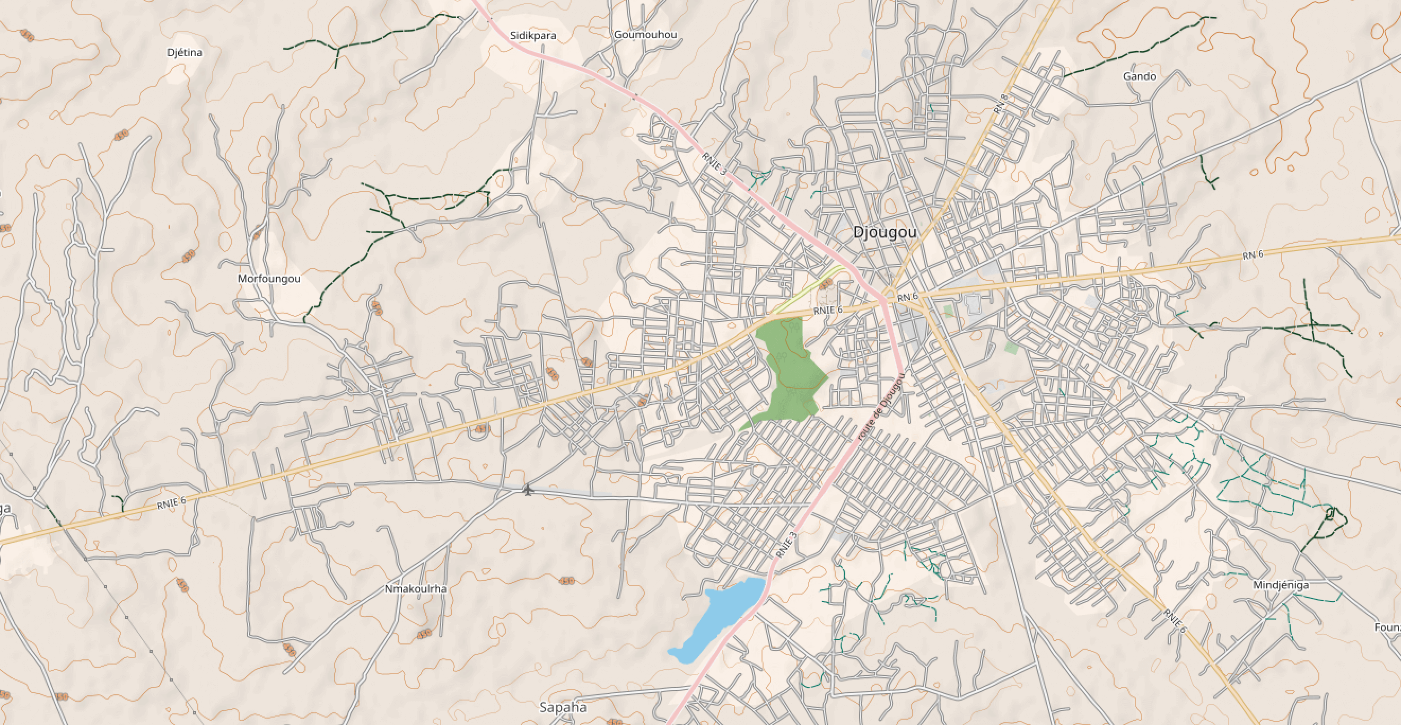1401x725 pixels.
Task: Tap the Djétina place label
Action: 185,52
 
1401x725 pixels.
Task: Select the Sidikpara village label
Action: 533,36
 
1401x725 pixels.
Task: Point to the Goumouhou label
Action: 645,35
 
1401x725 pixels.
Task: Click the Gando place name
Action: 1140,76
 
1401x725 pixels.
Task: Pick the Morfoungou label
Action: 269,279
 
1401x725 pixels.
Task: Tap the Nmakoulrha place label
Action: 416,589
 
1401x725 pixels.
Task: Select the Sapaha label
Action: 563,707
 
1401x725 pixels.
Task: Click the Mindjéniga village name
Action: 1281,585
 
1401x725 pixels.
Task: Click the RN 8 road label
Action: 1000,104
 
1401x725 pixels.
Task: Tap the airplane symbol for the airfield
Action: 528,490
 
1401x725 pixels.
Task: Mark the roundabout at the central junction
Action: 890,294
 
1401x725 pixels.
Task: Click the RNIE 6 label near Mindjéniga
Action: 1174,621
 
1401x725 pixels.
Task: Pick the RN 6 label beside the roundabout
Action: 908,297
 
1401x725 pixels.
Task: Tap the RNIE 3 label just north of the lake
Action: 786,545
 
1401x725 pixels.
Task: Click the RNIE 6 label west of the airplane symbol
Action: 171,503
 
